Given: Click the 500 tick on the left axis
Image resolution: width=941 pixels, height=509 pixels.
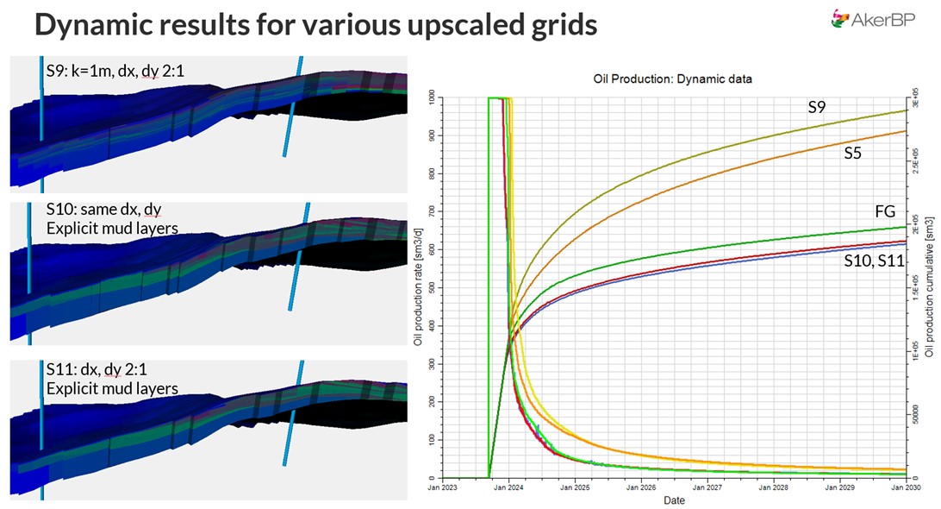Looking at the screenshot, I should pos(431,288).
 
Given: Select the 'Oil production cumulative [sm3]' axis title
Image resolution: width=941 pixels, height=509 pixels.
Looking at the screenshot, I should pos(931,288).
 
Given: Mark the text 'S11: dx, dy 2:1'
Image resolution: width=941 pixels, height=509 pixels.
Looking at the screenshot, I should pos(100,371).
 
